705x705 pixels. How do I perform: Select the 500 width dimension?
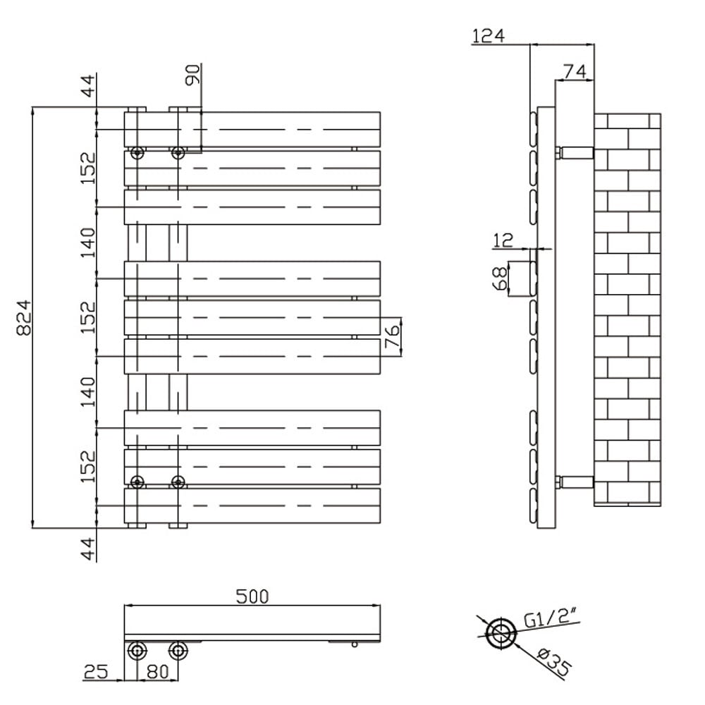coord(252,596)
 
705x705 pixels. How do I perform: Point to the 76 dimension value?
coord(393,336)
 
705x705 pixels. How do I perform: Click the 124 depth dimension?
coord(488,35)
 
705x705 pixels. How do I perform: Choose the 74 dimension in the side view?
coord(575,70)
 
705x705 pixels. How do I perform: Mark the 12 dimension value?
coord(502,240)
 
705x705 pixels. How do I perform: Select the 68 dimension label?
coord(498,278)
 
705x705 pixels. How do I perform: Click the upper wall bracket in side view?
coord(575,152)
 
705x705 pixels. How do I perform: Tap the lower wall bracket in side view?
coord(575,482)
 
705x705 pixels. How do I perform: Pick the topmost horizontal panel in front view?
coord(252,130)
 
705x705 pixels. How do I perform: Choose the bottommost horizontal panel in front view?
coord(252,505)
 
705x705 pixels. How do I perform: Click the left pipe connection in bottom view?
coord(137,650)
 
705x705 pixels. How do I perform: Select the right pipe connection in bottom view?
coord(178,650)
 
